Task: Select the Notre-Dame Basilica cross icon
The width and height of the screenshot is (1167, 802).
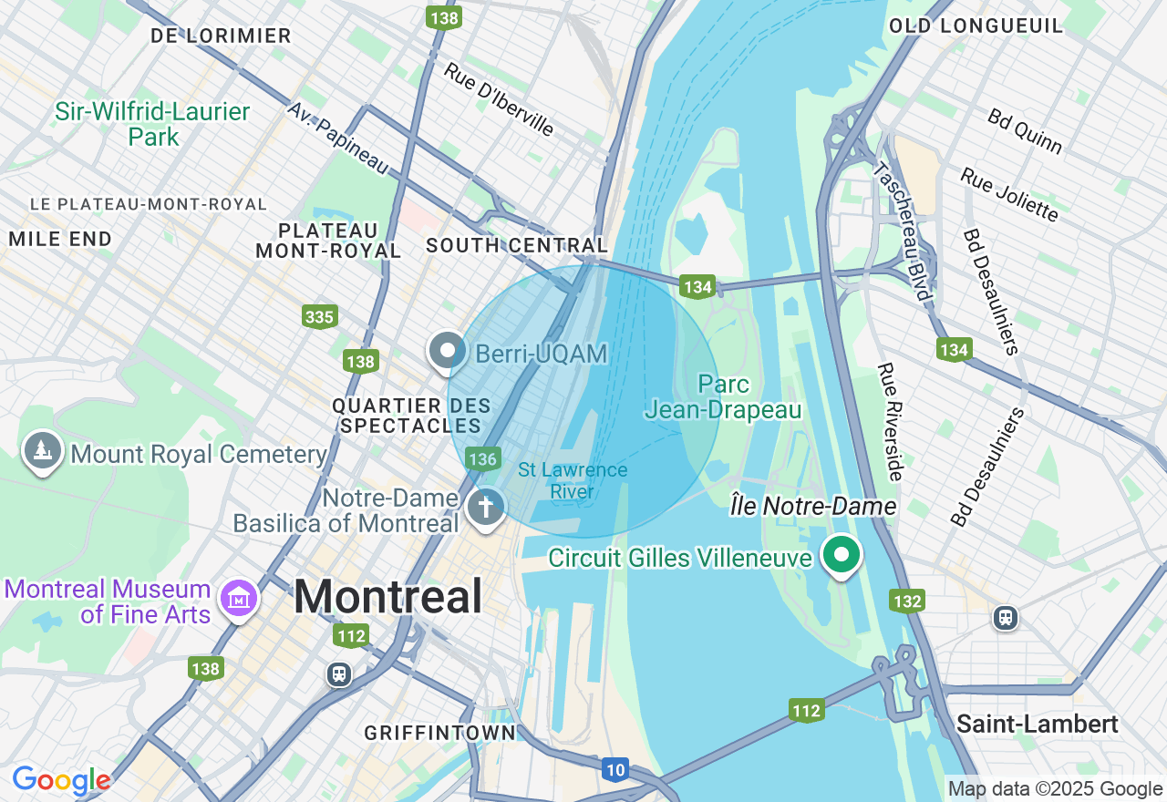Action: (486, 508)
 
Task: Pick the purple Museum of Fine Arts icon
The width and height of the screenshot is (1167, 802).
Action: (240, 599)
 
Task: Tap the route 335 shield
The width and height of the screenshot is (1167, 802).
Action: (320, 316)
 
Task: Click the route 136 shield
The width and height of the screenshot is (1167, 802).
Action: (482, 458)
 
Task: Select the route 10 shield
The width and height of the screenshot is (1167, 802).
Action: (615, 770)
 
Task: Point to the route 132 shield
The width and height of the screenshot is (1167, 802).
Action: (908, 601)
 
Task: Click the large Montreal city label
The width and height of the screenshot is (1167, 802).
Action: (387, 598)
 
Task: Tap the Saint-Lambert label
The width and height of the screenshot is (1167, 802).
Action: (1037, 725)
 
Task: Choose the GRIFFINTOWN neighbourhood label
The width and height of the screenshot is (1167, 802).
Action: (439, 733)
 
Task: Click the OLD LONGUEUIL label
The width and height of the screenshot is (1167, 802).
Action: (976, 26)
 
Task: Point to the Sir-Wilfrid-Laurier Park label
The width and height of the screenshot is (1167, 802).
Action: (152, 125)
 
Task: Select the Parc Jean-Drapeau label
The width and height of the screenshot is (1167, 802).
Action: (723, 397)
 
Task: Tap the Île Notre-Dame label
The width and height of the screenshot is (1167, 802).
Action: (813, 506)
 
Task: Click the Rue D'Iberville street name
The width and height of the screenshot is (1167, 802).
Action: (499, 99)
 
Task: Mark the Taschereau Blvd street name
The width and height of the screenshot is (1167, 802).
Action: (901, 231)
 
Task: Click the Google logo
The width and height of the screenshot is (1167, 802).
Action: (61, 781)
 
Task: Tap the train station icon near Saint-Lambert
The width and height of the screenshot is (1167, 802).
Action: (1005, 618)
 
